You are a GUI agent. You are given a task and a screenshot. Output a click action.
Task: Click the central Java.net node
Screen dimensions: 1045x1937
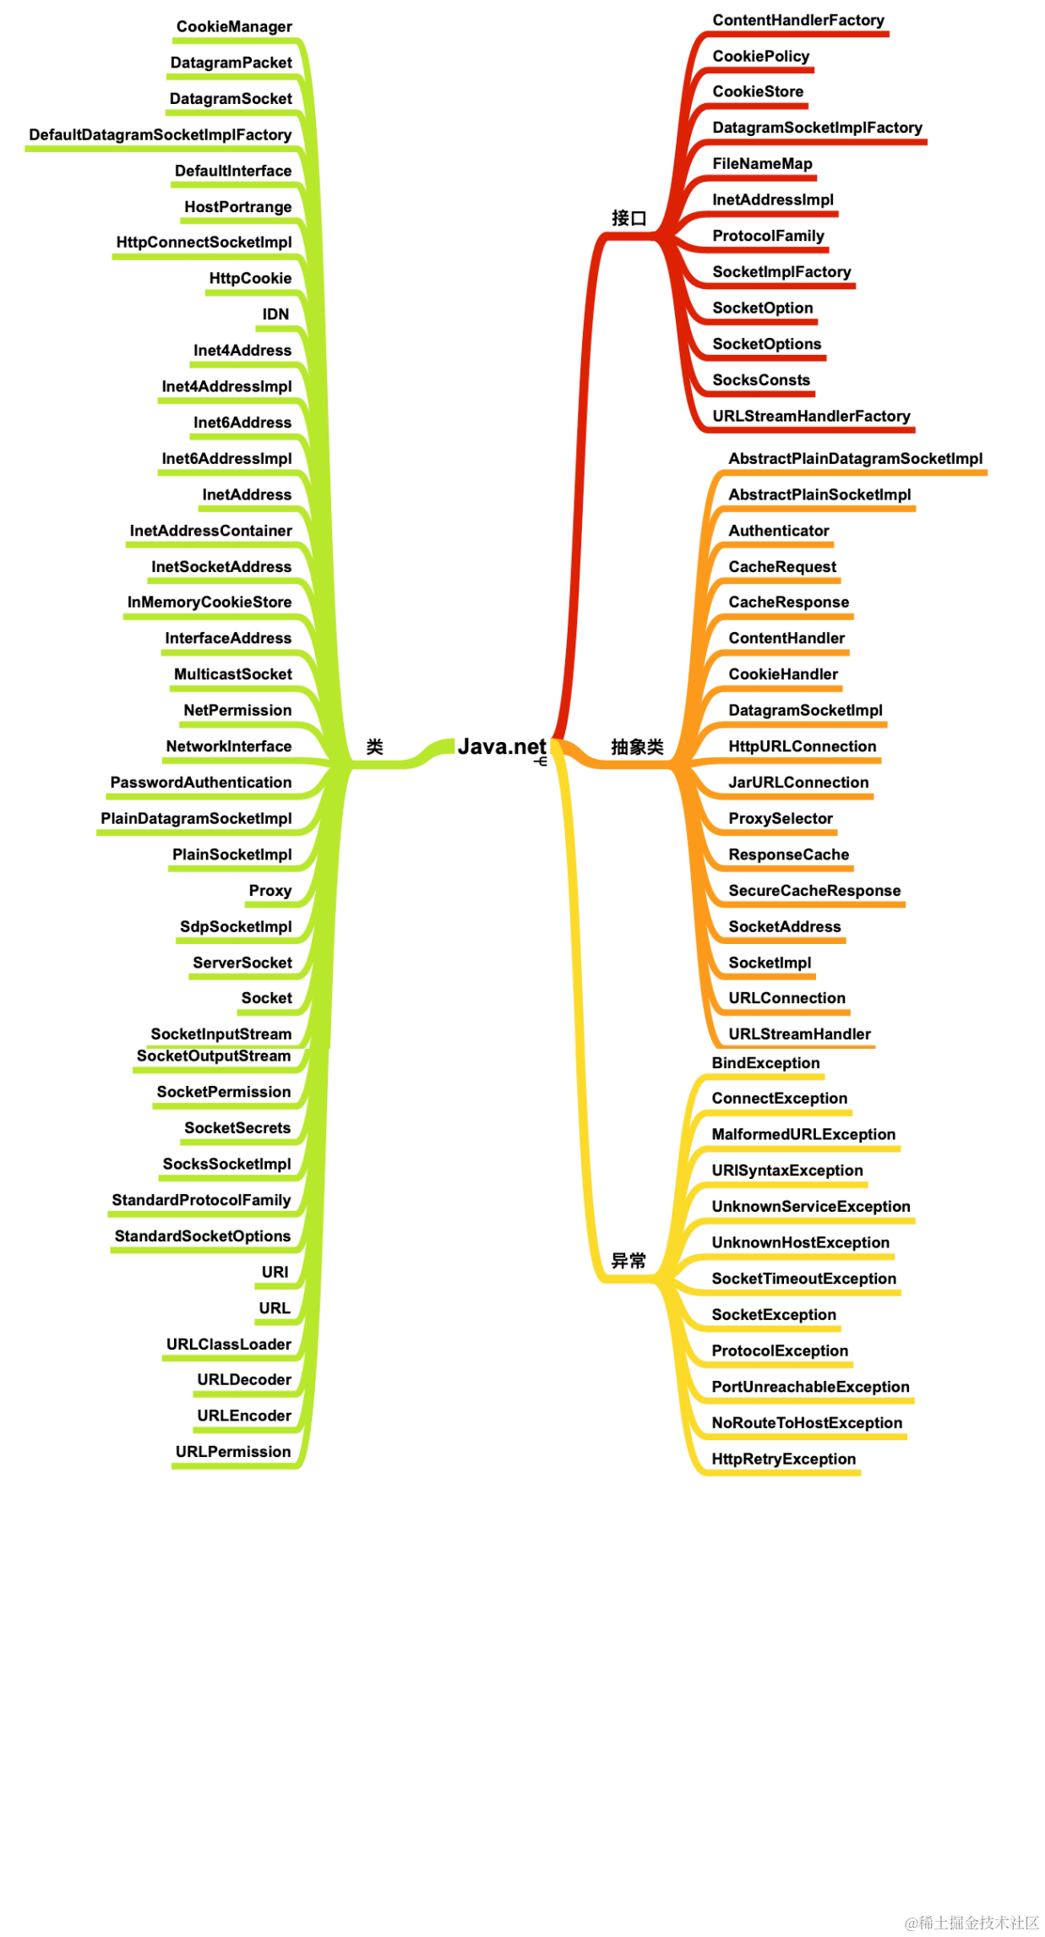[501, 746]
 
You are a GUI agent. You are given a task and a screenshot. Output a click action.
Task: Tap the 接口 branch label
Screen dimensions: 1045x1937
[629, 218]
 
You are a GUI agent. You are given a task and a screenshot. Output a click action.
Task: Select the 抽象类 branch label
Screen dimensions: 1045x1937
[637, 746]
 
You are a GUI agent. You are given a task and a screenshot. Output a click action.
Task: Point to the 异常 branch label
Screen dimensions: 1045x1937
[629, 1261]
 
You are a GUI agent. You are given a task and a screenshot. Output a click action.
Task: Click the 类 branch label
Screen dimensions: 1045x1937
[374, 746]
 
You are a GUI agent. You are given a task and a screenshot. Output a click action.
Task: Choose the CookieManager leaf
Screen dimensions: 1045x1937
[234, 27]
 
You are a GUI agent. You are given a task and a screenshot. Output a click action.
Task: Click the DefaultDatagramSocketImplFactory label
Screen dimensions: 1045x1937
[160, 135]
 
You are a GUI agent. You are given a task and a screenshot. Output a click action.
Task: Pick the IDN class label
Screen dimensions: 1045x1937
[275, 314]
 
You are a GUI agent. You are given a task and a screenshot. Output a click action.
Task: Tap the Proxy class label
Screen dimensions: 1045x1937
[270, 891]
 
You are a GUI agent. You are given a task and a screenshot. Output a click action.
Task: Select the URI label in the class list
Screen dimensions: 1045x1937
[275, 1272]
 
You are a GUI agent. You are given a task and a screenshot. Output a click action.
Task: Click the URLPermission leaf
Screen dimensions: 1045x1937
[233, 1452]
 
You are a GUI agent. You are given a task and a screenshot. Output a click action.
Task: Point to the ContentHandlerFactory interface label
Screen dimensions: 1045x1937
[798, 20]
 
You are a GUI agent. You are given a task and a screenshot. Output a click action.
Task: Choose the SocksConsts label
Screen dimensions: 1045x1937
[761, 380]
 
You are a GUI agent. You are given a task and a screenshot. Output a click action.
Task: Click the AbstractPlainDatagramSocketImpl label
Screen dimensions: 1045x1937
[856, 459]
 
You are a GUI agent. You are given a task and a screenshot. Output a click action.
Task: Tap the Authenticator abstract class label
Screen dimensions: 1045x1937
[779, 531]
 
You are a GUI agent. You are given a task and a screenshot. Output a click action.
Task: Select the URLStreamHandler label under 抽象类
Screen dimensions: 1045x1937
[799, 1034]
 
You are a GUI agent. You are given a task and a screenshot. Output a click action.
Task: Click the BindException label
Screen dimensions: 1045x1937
[765, 1063]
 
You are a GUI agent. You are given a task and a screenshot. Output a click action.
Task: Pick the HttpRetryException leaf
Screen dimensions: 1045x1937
[783, 1460]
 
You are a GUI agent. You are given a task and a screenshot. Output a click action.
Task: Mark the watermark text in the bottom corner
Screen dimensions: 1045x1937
[972, 1923]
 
